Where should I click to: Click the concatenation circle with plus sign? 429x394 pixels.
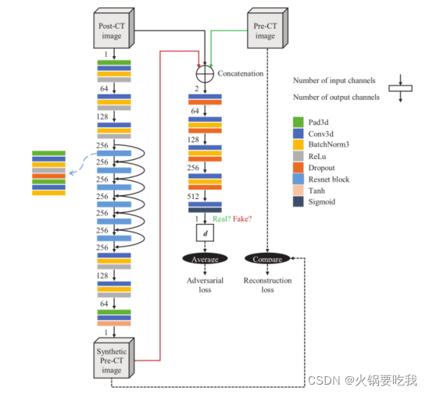click(205, 75)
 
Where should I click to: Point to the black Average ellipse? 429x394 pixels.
click(206, 258)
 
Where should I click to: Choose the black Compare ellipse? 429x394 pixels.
click(267, 258)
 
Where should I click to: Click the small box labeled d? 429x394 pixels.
click(205, 232)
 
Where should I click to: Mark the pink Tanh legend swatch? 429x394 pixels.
click(298, 190)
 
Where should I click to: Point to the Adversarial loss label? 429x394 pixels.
click(206, 285)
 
